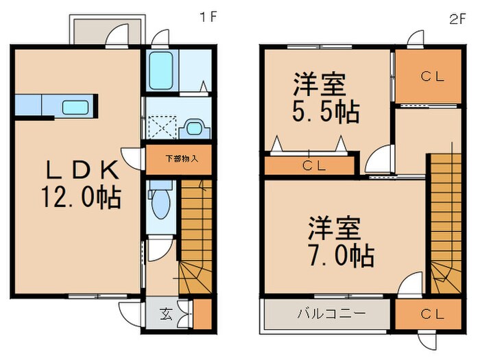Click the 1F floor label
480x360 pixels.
[208, 17]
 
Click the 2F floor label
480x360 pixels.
[457, 19]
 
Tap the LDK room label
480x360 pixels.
[82, 170]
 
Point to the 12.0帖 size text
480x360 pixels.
[81, 197]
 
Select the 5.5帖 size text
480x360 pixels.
[326, 112]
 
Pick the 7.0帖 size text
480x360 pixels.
[341, 255]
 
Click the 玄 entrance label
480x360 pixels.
[166, 314]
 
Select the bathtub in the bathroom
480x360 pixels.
[161, 70]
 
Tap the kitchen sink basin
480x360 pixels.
[75, 107]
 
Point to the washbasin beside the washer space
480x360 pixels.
[194, 129]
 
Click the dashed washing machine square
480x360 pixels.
[163, 127]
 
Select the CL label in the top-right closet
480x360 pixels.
[432, 76]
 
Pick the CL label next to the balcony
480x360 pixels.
[432, 314]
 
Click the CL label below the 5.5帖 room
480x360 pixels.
[314, 166]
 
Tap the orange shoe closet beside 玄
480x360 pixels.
[202, 314]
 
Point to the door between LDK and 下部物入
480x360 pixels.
[132, 158]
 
